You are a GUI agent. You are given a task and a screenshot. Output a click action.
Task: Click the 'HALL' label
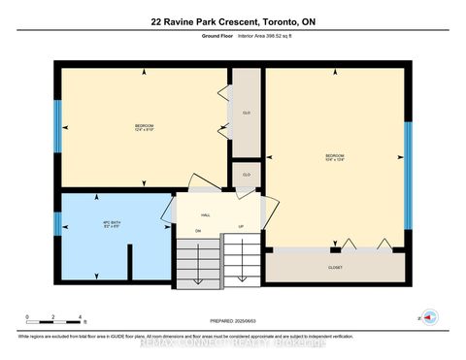[x=206, y=215]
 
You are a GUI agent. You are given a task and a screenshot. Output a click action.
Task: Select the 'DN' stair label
[x=197, y=230]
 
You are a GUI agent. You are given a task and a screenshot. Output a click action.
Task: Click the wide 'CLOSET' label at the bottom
[x=335, y=268]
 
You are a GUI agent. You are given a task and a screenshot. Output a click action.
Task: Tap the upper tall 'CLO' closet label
[x=247, y=111]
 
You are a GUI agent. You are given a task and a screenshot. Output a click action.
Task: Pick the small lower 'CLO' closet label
[x=247, y=175]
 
